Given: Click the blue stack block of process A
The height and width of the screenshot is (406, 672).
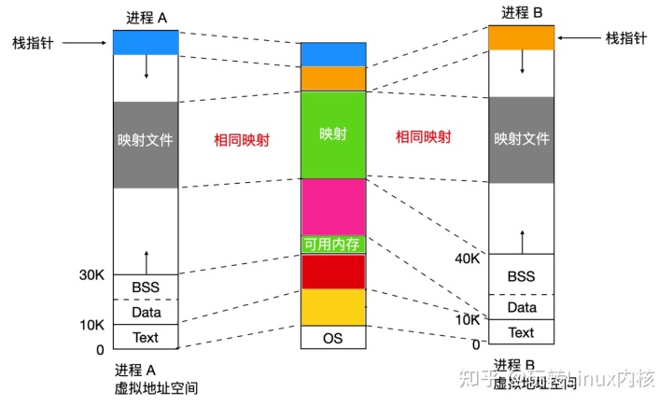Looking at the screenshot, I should coord(145,42).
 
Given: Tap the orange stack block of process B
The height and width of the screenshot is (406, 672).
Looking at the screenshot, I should coord(521,37).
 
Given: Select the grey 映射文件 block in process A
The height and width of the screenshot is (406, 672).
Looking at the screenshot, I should coord(145,144).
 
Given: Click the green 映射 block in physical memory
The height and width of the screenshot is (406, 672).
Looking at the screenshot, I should coord(332,134).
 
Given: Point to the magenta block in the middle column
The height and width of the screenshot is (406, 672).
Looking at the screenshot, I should coord(332,206).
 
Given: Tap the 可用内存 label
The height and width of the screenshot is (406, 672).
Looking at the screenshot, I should coord(332,245).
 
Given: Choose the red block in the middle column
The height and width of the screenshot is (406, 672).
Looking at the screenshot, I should coord(332,272).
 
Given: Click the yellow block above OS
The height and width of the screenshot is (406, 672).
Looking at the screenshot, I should coord(332,306).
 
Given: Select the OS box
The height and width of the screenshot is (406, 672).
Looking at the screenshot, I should coord(332,337).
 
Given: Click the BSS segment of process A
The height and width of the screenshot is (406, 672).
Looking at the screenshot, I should coord(145,287).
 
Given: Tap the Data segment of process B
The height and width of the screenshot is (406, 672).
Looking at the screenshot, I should coord(521,307).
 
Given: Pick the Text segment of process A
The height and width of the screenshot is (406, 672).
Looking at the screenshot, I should coord(145,336).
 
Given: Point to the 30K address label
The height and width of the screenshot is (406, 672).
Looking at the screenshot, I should coord(92,274).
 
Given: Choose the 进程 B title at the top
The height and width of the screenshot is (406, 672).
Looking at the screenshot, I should coord(521,12).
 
